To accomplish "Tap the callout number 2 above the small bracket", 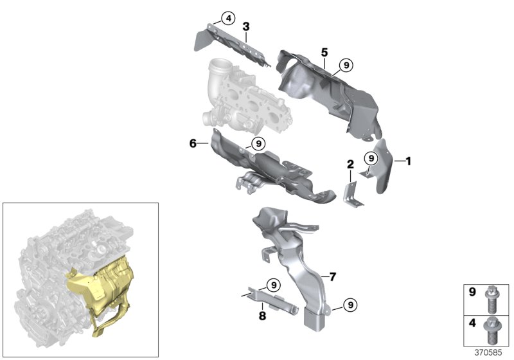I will point(350,164).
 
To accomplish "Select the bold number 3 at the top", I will point(245,26).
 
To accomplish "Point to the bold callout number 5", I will point(324,51).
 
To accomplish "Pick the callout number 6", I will point(192,144).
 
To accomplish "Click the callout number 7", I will point(332,277).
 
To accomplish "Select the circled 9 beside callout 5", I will point(346,64).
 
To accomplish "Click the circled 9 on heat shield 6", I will point(257,143).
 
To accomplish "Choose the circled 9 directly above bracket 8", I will point(272,284).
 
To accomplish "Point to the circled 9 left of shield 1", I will point(371,158).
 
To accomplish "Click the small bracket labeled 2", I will point(352,194).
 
